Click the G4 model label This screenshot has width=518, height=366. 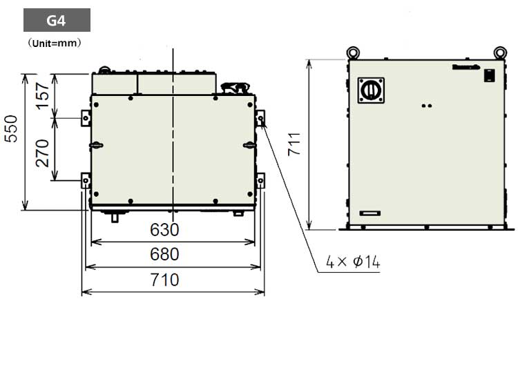[x=57, y=20]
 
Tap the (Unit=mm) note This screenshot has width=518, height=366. [x=55, y=43]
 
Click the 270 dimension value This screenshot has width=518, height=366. [x=43, y=151]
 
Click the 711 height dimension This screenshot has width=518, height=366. [x=295, y=143]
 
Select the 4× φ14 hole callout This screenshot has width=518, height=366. [x=353, y=262]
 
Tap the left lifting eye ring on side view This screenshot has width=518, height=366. [x=352, y=52]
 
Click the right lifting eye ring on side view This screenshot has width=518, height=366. [x=500, y=52]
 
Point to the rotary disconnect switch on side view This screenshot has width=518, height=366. [x=370, y=90]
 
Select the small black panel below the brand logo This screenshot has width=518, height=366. [x=488, y=76]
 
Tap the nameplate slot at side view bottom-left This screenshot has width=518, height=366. [x=370, y=213]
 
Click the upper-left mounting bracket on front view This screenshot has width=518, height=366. [x=86, y=118]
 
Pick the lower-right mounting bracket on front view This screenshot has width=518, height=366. [x=260, y=181]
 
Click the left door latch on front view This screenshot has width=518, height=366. [x=96, y=145]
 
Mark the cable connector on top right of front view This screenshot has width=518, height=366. [x=236, y=88]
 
